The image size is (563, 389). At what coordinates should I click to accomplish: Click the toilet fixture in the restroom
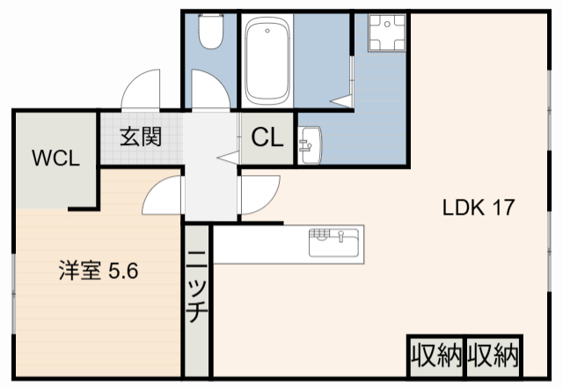tap(211, 33)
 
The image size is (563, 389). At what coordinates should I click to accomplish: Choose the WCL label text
tap(56, 158)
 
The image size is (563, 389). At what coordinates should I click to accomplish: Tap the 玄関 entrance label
tap(140, 137)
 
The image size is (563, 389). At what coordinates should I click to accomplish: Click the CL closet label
tap(266, 138)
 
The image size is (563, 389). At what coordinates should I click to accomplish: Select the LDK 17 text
tap(478, 209)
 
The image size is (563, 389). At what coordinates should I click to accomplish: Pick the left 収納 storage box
tap(436, 356)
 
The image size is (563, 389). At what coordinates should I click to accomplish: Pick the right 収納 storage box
tap(494, 356)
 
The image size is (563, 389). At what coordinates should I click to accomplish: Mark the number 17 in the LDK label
tap(503, 209)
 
